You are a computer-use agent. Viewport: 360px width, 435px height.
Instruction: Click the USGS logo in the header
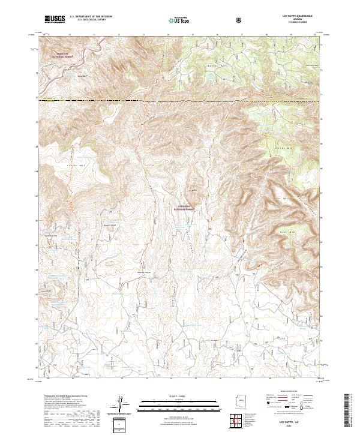55,20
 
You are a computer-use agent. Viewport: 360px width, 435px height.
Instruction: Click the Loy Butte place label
193,191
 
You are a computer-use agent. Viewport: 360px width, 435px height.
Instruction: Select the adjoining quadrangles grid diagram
247,422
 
